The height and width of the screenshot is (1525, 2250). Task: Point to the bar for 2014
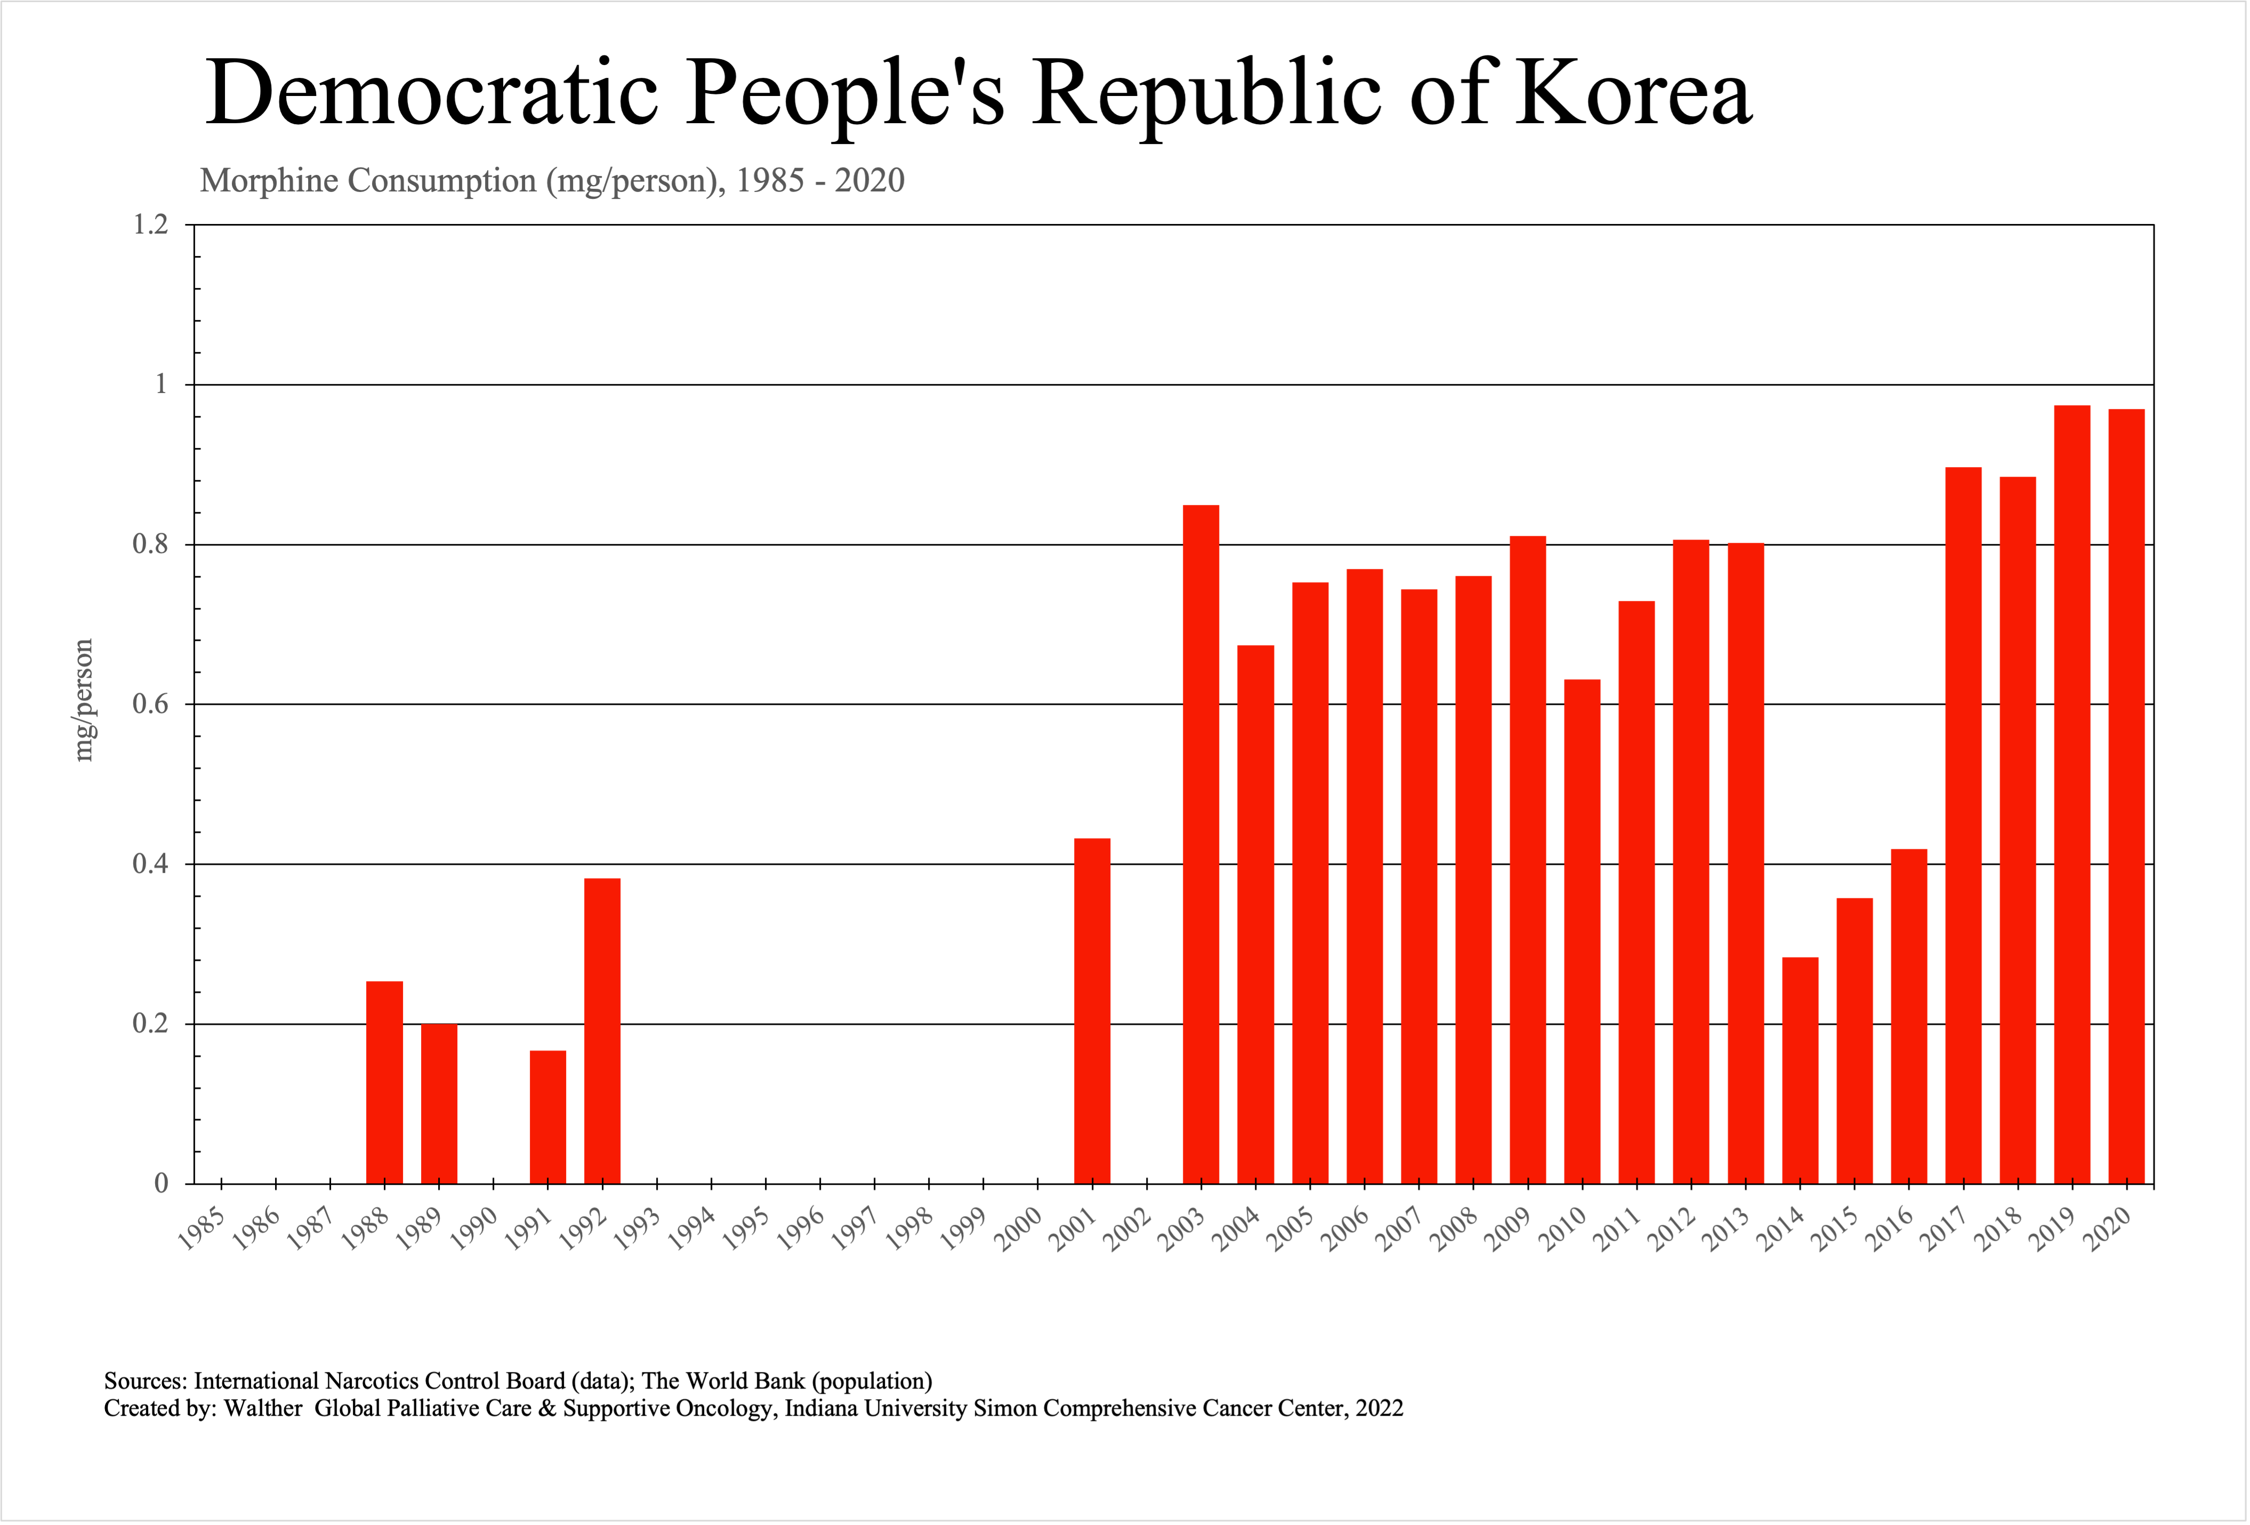[x=1800, y=1070]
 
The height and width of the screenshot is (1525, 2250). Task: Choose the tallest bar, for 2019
[x=2072, y=794]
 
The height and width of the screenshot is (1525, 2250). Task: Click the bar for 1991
[x=548, y=1117]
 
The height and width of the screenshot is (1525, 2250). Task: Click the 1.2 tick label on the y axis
[x=150, y=224]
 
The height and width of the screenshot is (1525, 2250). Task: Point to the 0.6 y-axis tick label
[x=150, y=704]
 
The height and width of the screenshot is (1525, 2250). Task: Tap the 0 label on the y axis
[x=161, y=1183]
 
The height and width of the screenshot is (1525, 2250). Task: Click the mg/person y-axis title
[x=84, y=699]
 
